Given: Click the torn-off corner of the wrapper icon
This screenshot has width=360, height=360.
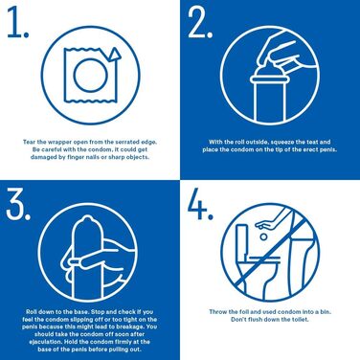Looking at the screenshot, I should [x=113, y=55].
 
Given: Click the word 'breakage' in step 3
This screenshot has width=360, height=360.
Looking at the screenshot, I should [x=120, y=329].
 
